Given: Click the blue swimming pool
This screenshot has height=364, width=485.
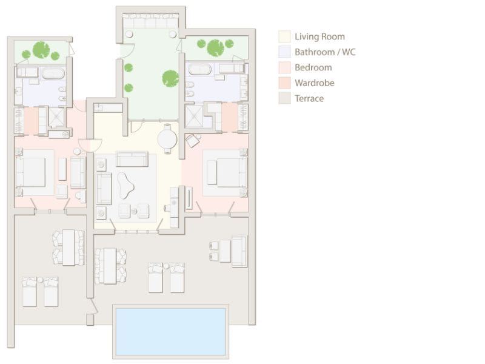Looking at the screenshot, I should coord(170,331).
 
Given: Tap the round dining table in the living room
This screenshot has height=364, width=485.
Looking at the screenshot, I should coord(167,140).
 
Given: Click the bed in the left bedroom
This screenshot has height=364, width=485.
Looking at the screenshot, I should coord(32,172).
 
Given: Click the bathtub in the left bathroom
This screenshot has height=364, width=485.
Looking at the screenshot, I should coord(53,74).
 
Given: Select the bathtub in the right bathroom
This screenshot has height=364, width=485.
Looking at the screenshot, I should coord(199,69).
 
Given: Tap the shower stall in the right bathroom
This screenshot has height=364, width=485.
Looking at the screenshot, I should coord(194,116).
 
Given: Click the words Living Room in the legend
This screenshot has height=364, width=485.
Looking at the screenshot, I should coord(319,36).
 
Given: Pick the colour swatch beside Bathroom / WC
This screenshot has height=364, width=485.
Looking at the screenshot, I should coord(284,52).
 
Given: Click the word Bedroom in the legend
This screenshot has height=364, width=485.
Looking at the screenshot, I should coord(313,67).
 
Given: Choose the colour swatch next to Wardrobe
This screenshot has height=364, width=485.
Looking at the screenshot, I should coord(284,83).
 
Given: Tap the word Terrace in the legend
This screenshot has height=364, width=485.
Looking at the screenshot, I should coord(309,98).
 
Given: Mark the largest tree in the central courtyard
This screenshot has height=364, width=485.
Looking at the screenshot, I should coord(170,78).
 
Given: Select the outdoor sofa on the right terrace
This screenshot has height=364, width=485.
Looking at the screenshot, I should coord(239,251).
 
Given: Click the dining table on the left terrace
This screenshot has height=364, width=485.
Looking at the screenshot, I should coord(69,247).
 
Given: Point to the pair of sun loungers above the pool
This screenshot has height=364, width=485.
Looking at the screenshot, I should coord(166,278).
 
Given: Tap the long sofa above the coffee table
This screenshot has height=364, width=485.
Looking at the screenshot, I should coord(132,159).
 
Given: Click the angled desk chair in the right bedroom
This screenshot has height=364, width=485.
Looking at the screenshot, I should coord(192,141).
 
